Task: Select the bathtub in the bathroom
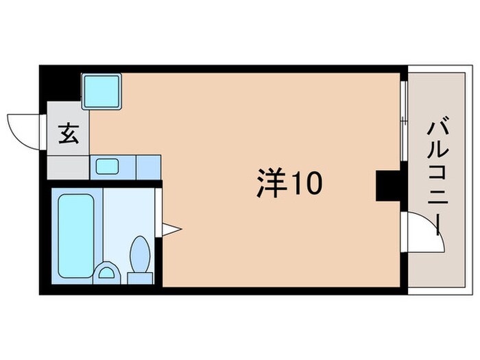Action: [x=75, y=235]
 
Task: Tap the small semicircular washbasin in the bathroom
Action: [x=107, y=273]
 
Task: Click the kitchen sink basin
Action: [x=107, y=166]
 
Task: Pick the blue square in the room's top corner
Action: [x=102, y=91]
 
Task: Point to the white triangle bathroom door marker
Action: [x=171, y=228]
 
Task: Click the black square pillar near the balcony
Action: [x=387, y=185]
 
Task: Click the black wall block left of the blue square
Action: [x=60, y=84]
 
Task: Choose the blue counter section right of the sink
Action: [x=148, y=166]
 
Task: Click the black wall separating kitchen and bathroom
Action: [x=103, y=183]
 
